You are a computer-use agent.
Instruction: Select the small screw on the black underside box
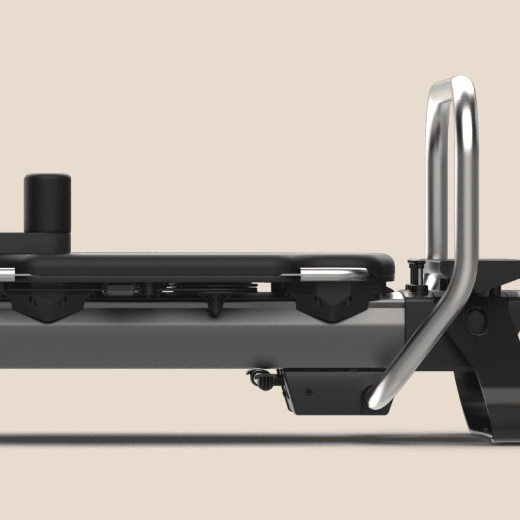(309, 392)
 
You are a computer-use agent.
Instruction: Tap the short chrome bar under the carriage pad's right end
(332, 274)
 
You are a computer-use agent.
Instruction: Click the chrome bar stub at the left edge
(7, 275)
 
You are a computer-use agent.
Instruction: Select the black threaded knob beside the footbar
(415, 272)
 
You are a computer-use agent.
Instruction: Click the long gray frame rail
(193, 337)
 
